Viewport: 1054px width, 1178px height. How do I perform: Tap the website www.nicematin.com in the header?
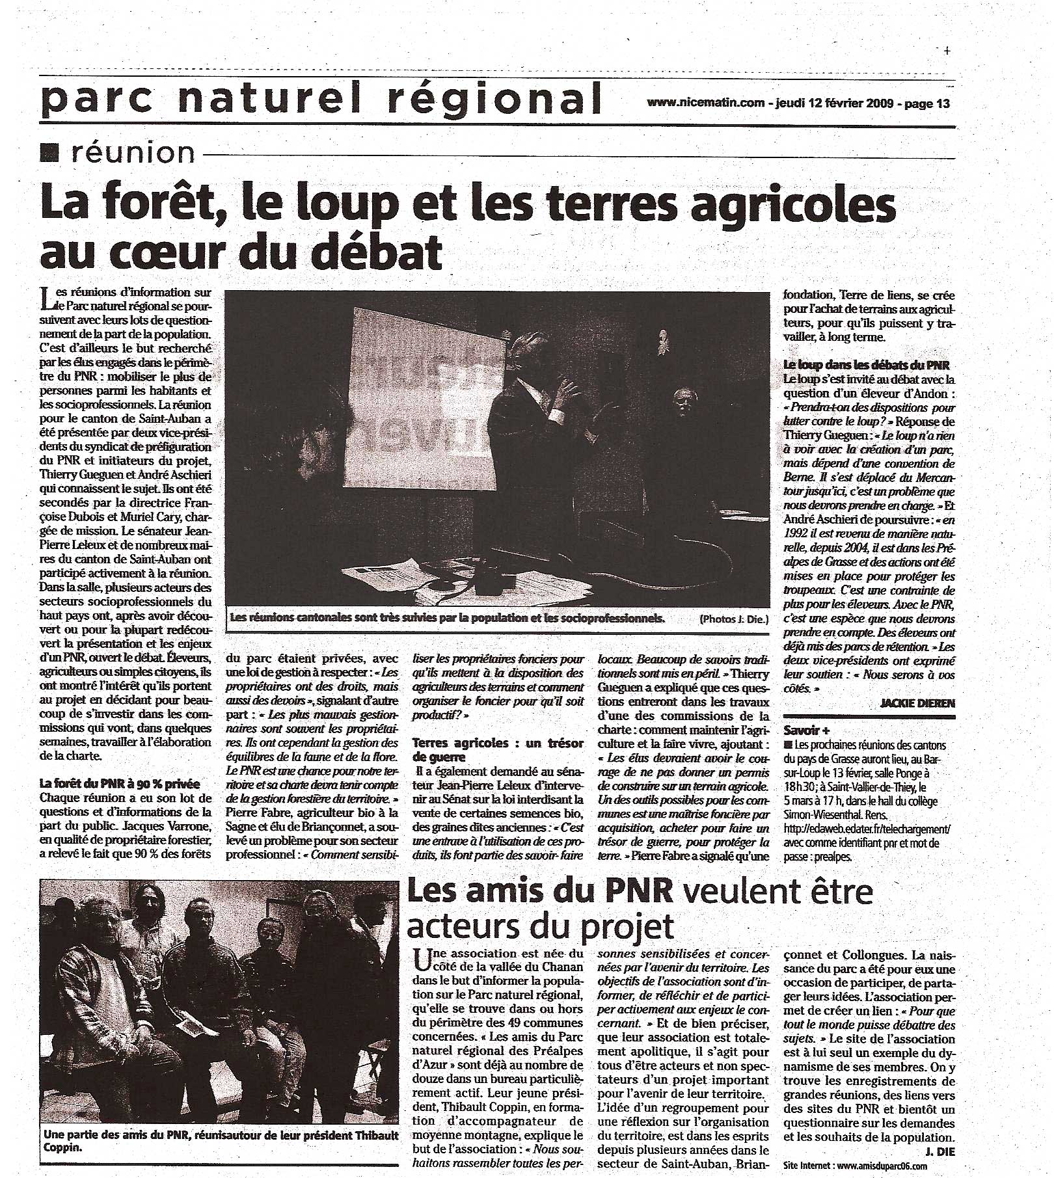click(x=705, y=103)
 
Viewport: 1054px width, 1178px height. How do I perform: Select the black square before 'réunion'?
click(x=49, y=153)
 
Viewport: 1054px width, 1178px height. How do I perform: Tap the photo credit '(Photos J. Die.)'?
click(x=733, y=619)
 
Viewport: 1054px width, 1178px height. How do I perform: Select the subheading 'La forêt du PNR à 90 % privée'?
click(x=118, y=784)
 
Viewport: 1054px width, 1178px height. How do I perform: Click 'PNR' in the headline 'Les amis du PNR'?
click(x=628, y=891)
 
